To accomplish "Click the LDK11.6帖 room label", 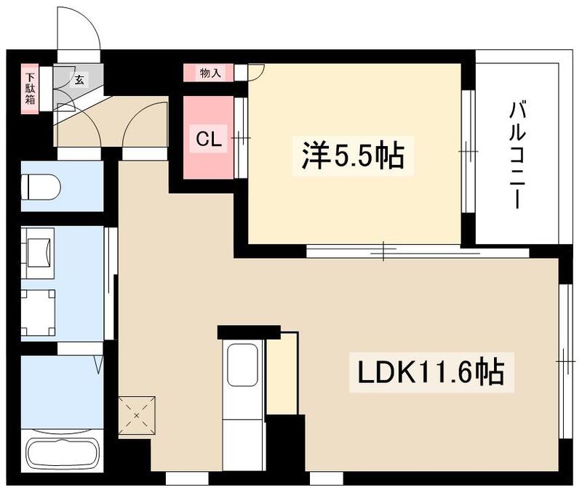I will click(x=431, y=372).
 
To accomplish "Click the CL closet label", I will click(x=207, y=140).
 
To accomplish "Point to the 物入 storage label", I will click(x=207, y=73).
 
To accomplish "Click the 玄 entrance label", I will click(x=77, y=79).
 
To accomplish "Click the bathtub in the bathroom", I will click(x=64, y=451).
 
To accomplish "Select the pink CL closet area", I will click(x=208, y=138).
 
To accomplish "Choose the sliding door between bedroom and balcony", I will click(x=468, y=152).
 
